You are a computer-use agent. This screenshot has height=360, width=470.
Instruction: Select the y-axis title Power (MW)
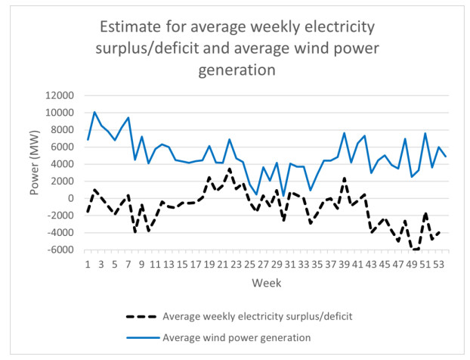pyautogui.click(x=35, y=172)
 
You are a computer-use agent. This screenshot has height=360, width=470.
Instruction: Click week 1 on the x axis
pyautogui.click(x=88, y=264)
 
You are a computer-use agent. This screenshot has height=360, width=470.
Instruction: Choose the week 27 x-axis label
pyautogui.click(x=264, y=264)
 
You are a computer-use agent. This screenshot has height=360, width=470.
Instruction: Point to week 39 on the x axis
pyautogui.click(x=345, y=264)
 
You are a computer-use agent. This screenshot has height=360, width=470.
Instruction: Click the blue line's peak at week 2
pyautogui.click(x=94, y=112)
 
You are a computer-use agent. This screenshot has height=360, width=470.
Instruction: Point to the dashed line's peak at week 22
pyautogui.click(x=229, y=169)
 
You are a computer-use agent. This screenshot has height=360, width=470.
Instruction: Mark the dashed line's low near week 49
pyautogui.click(x=412, y=250)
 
